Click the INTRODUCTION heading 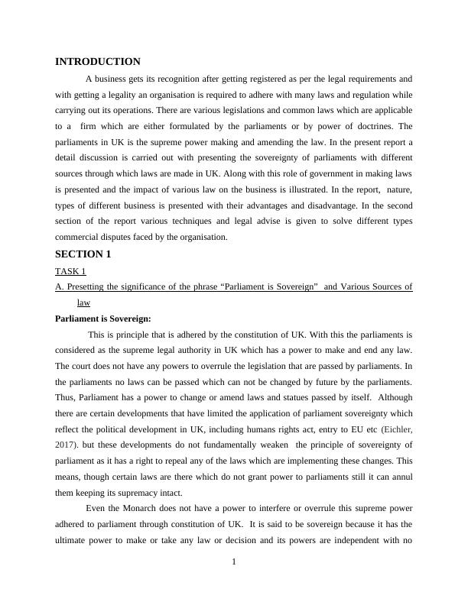[x=98, y=62]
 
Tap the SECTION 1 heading [x=83, y=254]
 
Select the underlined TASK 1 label [x=70, y=271]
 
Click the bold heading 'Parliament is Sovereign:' [x=103, y=319]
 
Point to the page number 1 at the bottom [x=234, y=563]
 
